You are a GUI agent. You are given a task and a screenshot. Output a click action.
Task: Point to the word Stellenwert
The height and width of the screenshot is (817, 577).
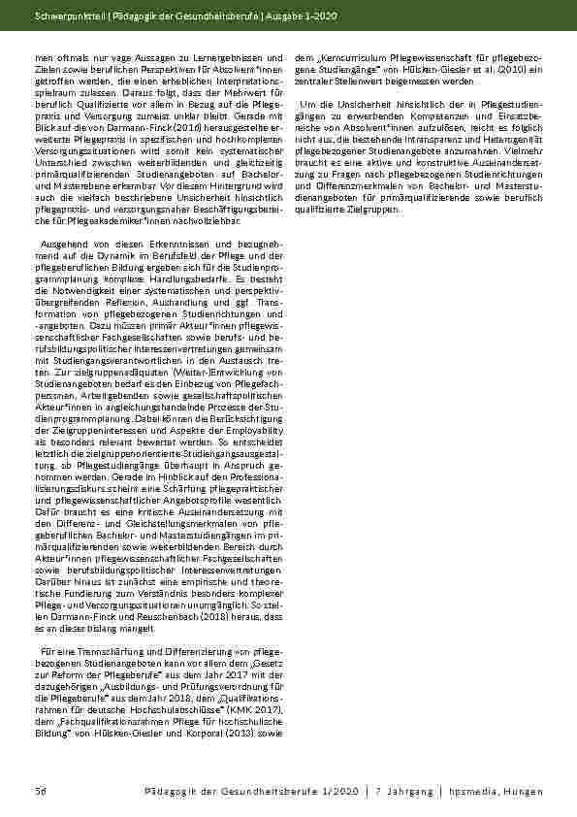point(383,82)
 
